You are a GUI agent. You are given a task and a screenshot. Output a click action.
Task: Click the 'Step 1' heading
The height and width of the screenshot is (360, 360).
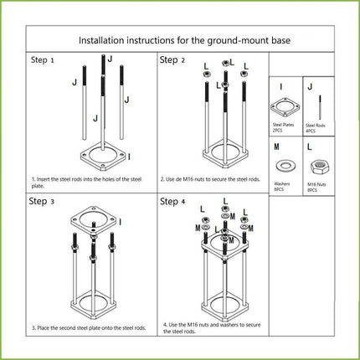pos(43,61)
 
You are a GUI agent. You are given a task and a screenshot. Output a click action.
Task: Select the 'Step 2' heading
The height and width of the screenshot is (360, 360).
pos(173,61)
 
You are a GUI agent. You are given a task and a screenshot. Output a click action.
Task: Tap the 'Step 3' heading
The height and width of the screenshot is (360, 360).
pos(43,202)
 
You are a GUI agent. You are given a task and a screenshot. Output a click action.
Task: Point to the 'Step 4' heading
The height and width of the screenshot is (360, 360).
pos(173,202)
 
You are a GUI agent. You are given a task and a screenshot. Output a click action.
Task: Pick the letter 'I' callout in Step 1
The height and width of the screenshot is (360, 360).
pos(128,156)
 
